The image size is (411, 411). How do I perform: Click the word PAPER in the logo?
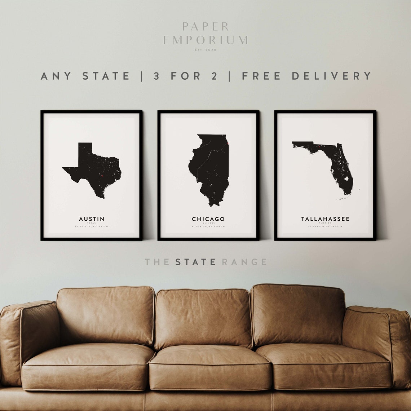coord(205,26)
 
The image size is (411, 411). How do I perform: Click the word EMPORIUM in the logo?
coord(205,40)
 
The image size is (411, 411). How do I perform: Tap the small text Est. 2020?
coord(205,50)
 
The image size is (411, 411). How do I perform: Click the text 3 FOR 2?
coord(186,76)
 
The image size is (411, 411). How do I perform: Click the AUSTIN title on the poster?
coord(92,219)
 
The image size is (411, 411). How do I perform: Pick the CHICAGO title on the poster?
coord(208,219)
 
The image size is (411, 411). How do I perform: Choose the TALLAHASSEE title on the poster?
coord(325,219)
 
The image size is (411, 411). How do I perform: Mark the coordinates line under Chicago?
coord(208,227)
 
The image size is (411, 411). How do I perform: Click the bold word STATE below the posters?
coord(195,262)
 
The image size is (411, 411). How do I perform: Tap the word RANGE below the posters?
coord(244,262)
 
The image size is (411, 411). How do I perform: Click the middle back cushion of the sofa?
coord(203,317)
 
